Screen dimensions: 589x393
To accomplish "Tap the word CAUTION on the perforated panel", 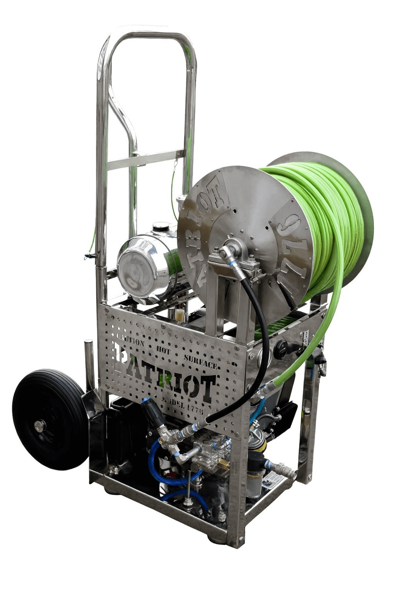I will pos(130,341).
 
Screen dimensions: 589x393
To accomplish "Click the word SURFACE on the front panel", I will pos(201,360).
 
